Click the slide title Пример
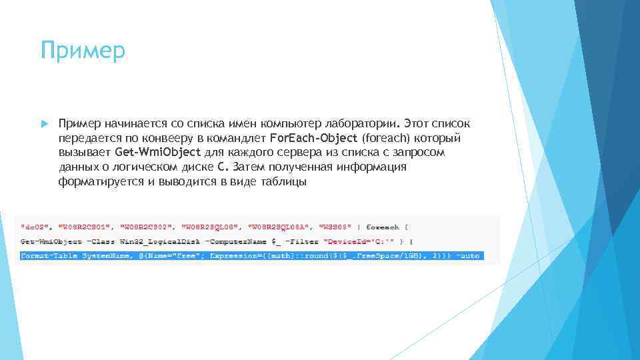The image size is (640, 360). click(x=82, y=51)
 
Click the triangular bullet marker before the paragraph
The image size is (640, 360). click(x=43, y=124)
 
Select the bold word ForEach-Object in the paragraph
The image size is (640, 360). click(x=314, y=139)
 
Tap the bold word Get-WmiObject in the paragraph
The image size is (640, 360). click(x=163, y=153)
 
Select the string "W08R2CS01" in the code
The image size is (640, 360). click(x=85, y=226)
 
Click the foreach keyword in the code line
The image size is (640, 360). click(x=383, y=226)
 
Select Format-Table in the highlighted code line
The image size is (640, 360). click(x=49, y=255)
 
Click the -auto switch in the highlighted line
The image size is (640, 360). click(x=468, y=255)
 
